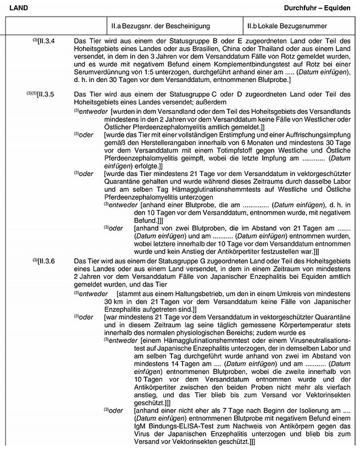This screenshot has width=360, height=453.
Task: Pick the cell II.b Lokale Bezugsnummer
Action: tap(287, 26)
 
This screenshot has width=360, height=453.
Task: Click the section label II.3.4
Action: tap(53, 41)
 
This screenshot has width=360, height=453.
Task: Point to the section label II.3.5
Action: tap(53, 95)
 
